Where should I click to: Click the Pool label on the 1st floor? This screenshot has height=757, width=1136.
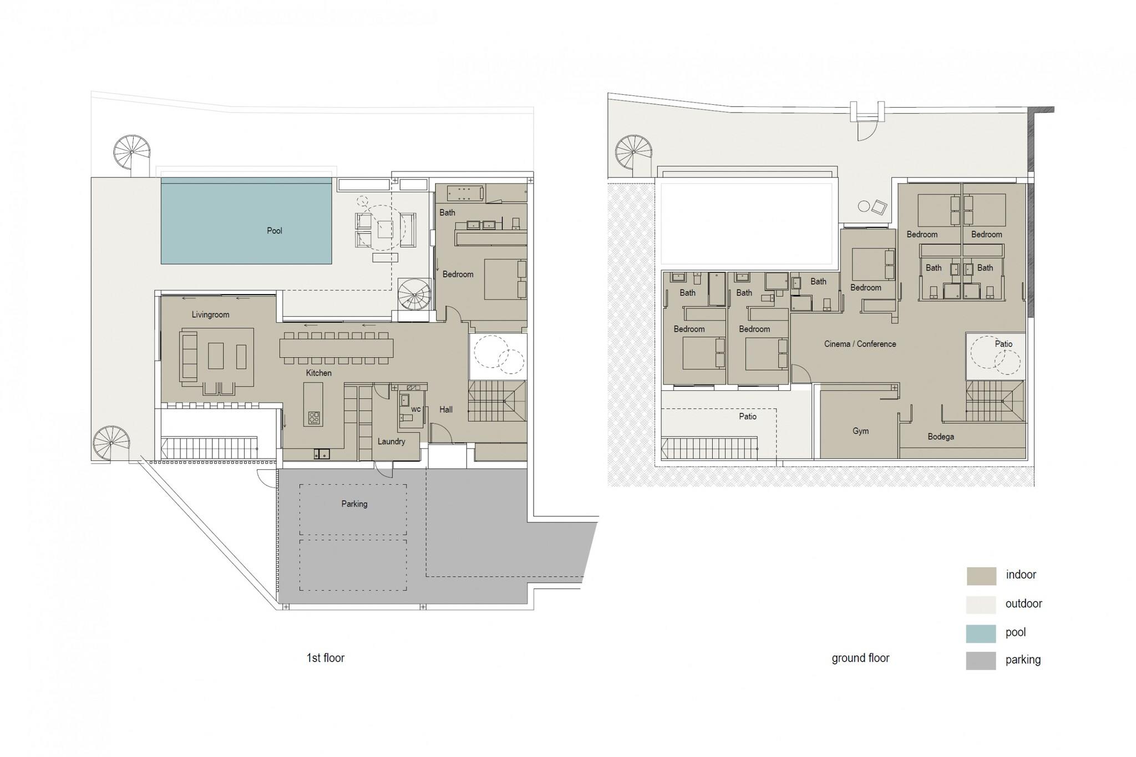(275, 231)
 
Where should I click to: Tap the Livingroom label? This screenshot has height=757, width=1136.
(210, 314)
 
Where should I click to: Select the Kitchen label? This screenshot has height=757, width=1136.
(319, 373)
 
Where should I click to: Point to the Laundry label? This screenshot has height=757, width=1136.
(391, 441)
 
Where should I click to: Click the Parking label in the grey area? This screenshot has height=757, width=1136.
(354, 504)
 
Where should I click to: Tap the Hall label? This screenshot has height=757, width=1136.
(446, 410)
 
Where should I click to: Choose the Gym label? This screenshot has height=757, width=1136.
(861, 431)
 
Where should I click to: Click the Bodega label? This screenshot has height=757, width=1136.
(941, 437)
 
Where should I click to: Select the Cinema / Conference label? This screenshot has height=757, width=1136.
(860, 344)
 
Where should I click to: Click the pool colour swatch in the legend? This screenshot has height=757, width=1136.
(981, 633)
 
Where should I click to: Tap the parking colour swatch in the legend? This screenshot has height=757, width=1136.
(981, 661)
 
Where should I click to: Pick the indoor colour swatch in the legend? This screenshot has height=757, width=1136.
(981, 576)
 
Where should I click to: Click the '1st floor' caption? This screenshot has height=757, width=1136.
(326, 658)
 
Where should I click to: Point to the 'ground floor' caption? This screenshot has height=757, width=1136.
(860, 658)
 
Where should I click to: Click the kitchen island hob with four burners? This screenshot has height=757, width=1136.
(313, 418)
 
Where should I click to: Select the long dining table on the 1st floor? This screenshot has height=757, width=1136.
(337, 348)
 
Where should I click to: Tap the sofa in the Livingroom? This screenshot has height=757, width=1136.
(189, 356)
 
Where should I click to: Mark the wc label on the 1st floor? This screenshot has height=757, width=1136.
(415, 410)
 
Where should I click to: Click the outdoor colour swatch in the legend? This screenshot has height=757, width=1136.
(981, 604)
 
